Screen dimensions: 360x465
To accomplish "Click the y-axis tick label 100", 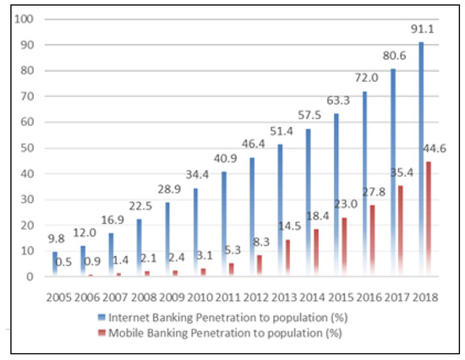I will tap(25, 19).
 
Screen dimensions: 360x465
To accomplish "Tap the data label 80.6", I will tap(394, 53).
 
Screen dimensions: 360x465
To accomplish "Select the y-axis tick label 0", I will tap(30, 276).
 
